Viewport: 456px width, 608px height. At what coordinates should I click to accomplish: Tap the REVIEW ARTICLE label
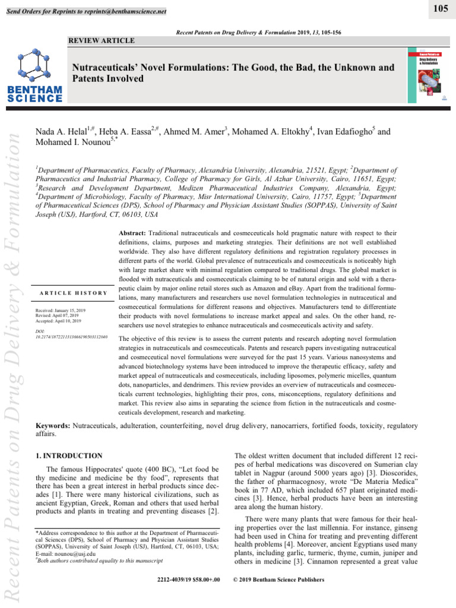(x=102, y=40)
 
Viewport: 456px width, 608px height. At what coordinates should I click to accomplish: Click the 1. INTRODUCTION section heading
(x=69, y=455)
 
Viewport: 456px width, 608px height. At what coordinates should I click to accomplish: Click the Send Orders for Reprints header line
(x=85, y=12)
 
